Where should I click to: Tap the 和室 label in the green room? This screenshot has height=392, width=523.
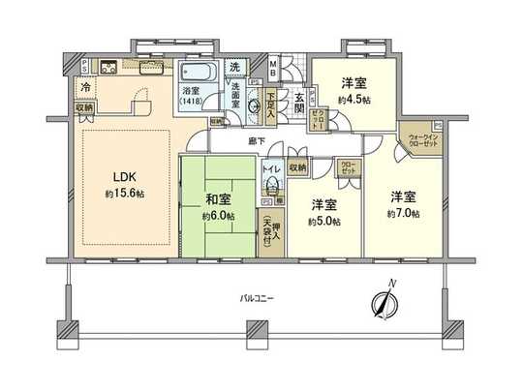[218, 199]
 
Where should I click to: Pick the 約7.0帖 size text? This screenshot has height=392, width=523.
[403, 212]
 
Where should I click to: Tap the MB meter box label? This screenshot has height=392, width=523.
[275, 67]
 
